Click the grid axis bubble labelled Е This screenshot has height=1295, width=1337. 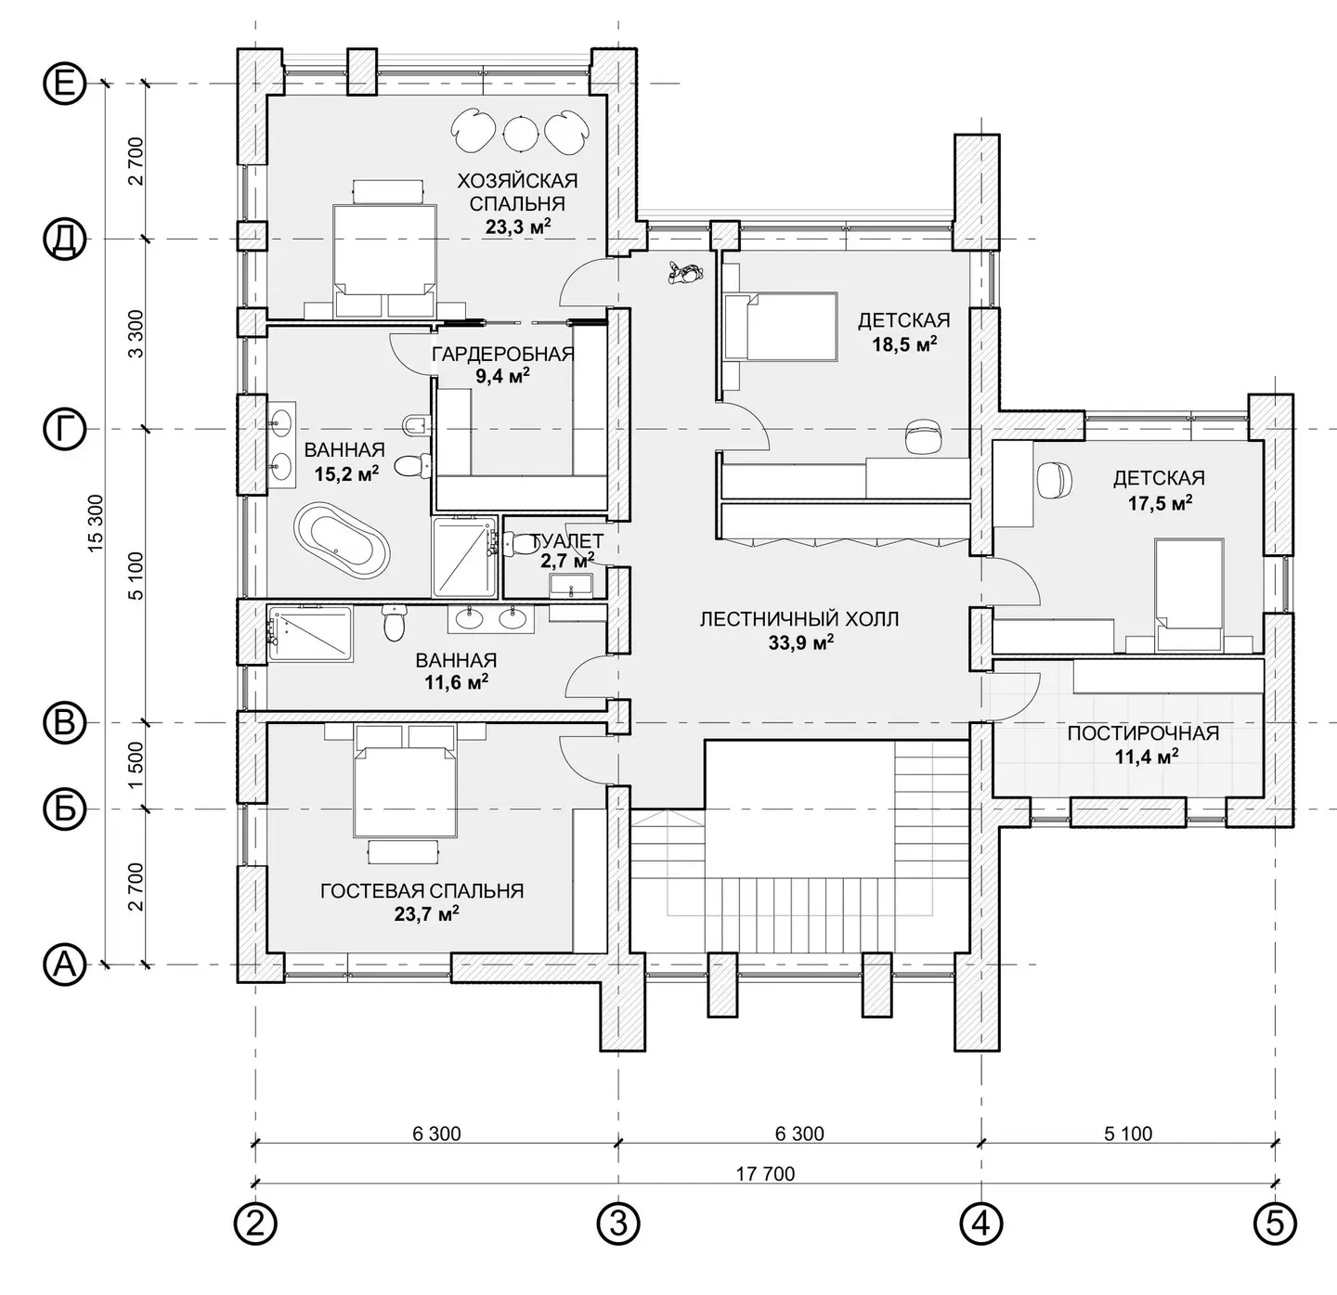click(x=65, y=84)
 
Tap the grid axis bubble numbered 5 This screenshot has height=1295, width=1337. click(x=1275, y=1224)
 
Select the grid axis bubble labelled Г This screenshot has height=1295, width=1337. click(x=65, y=430)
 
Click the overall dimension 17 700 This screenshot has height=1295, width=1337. click(x=765, y=1173)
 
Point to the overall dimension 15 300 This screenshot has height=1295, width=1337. click(x=96, y=523)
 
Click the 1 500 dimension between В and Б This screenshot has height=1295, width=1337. click(x=136, y=765)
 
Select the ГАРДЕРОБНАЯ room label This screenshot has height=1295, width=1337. click(x=503, y=354)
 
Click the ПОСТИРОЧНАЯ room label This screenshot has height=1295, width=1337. click(x=1143, y=733)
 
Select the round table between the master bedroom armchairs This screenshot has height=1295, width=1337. click(x=520, y=131)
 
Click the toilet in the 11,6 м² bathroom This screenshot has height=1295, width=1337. click(x=394, y=623)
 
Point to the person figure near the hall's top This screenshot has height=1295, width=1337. click(x=684, y=273)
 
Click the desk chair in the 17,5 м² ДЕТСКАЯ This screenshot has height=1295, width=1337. click(x=1054, y=480)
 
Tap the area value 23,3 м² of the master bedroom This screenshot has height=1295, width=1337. click(x=518, y=227)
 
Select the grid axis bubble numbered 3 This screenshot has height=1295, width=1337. click(x=618, y=1224)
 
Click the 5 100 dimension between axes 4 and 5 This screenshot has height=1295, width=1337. click(x=1128, y=1133)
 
